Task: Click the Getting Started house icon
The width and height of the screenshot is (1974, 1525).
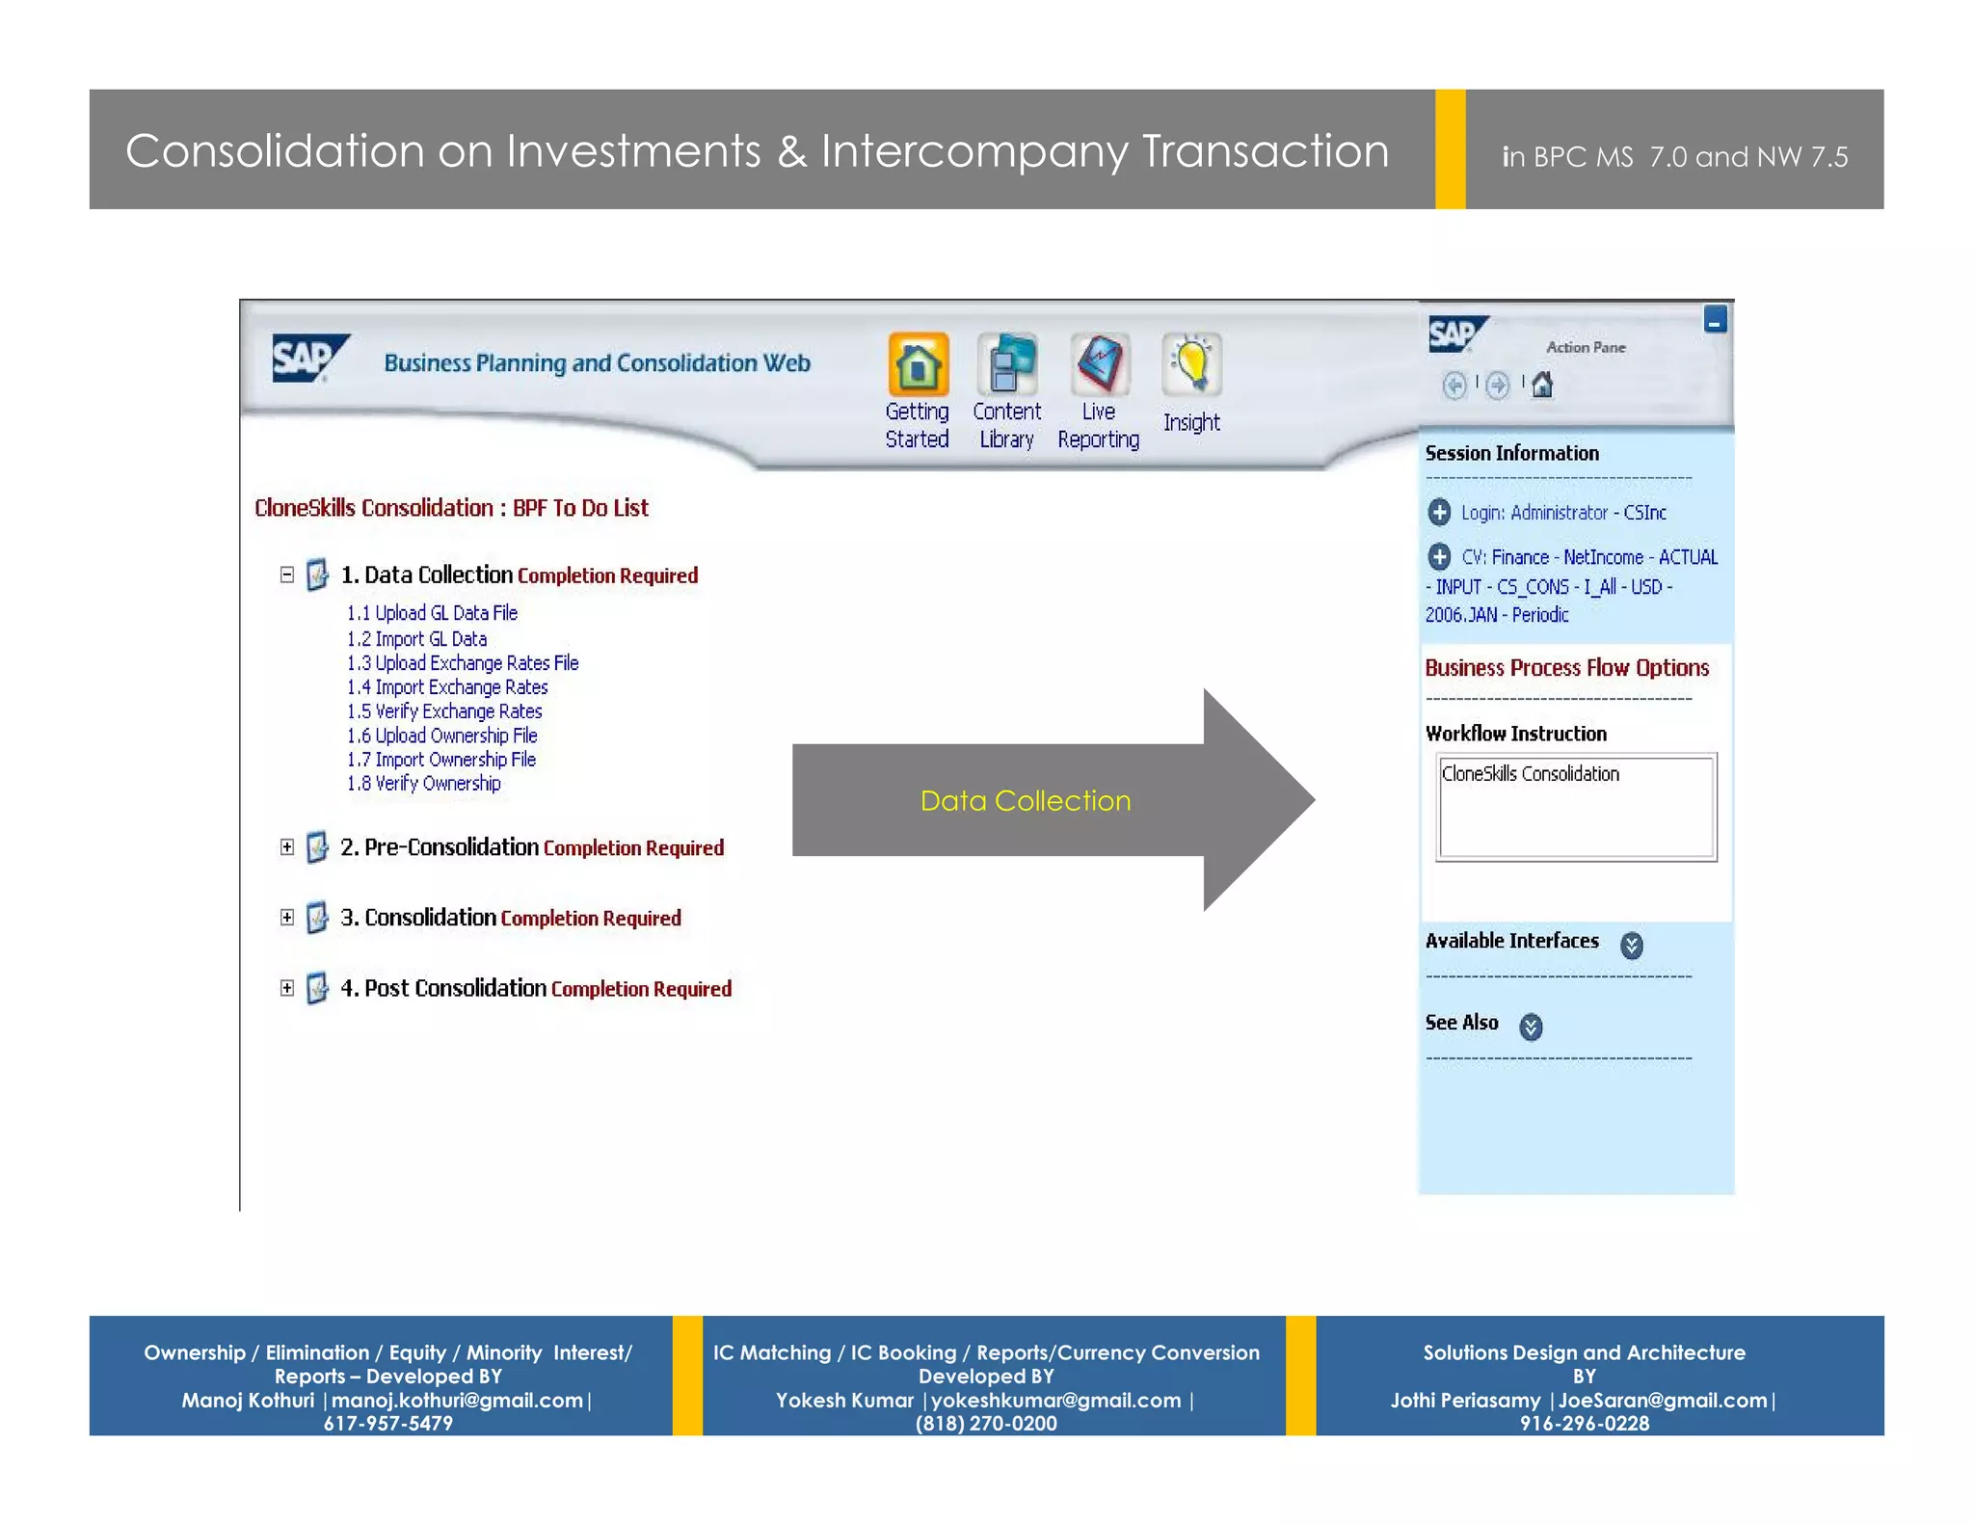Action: [918, 364]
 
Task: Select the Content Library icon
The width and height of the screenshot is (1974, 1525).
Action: [1007, 364]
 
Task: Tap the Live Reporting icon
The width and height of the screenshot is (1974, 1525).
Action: [1099, 364]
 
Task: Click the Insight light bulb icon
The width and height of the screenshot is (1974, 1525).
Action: [1191, 364]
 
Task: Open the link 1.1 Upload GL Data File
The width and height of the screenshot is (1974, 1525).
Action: [432, 613]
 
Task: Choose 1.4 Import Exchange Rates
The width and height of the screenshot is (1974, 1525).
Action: [447, 687]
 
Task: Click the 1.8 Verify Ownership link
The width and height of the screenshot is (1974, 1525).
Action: [424, 784]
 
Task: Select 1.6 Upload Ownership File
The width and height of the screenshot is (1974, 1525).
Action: [442, 736]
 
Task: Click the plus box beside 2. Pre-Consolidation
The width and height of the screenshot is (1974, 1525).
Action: [287, 847]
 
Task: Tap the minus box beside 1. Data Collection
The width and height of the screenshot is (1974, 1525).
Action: [287, 575]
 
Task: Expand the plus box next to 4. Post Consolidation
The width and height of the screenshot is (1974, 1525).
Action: [287, 988]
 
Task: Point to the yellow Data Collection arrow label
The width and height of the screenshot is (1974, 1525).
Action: [1026, 801]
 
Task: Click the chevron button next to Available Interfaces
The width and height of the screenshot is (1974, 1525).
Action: [1631, 945]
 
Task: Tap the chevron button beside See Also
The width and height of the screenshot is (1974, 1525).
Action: [1531, 1027]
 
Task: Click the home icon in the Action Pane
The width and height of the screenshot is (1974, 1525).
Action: [1542, 386]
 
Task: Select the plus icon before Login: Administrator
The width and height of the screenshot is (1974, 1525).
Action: [1439, 512]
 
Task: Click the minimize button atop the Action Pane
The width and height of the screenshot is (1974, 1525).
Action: [1715, 320]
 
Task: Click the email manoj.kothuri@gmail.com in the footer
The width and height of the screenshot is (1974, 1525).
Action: [457, 1401]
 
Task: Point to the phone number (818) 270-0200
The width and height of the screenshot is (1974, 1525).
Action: [986, 1424]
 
